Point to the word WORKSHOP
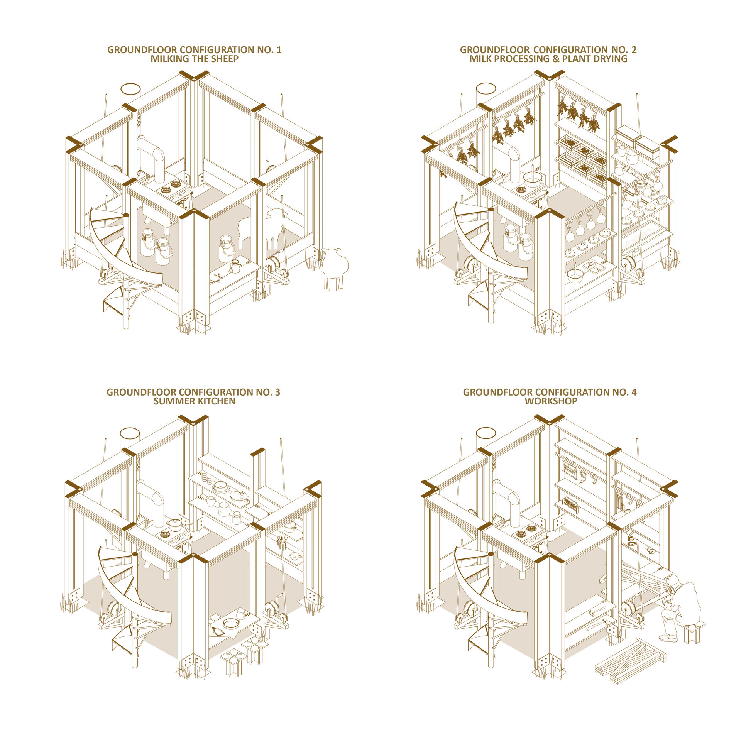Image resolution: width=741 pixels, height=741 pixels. coord(551,401)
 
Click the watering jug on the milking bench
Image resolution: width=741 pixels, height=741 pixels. coord(235,267)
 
